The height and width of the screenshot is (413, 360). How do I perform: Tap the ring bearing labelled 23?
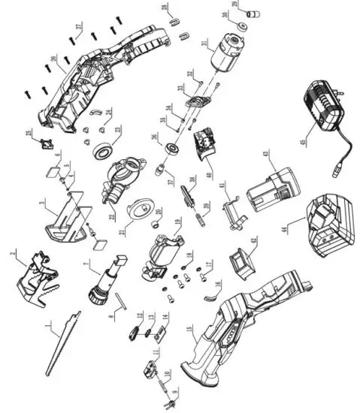(x=101, y=152)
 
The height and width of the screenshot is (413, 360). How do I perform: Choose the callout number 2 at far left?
(x=13, y=254)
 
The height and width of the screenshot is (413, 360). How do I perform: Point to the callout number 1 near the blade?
(x=50, y=327)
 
